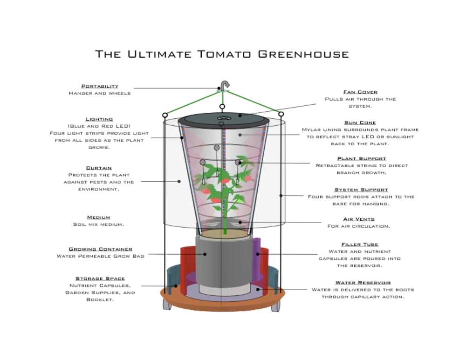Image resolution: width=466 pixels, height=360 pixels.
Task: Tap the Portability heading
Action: point(100,86)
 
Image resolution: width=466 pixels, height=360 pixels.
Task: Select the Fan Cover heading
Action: point(360,92)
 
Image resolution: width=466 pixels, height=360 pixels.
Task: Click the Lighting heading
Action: point(99,119)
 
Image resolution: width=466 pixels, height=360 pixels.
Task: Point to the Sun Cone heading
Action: point(360,123)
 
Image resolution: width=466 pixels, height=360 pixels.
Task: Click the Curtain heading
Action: point(99,168)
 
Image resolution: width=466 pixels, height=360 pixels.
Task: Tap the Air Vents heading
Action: point(359,219)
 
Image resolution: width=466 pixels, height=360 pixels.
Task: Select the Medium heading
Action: point(99,217)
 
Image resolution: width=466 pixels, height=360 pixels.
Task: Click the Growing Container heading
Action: point(101,249)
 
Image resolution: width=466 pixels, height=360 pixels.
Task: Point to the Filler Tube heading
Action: point(360,245)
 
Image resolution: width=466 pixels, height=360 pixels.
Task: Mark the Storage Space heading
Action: point(100,279)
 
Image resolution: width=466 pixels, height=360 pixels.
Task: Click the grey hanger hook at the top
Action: point(225,84)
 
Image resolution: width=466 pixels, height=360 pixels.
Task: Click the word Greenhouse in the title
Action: point(303,54)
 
